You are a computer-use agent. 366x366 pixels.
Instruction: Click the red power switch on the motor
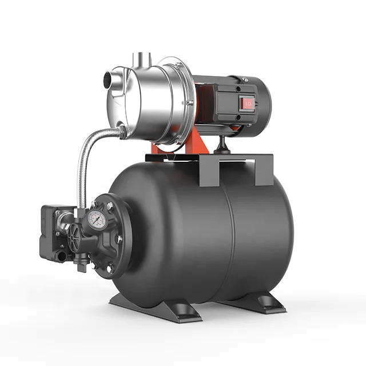click(248, 103)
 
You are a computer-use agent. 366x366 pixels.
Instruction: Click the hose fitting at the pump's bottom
click(121, 133)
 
